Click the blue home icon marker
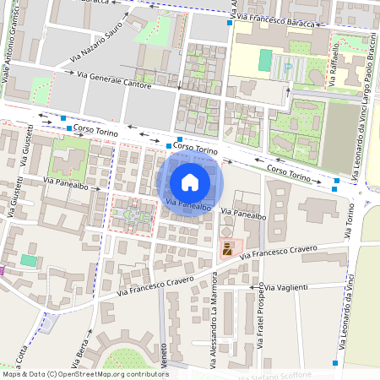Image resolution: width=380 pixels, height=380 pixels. point(190,182)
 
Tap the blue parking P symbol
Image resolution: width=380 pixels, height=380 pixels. point(289,66)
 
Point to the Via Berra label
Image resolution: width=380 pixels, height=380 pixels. point(83,345)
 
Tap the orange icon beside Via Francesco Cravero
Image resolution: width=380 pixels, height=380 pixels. point(226,249)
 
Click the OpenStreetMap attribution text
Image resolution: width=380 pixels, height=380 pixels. point(84,373)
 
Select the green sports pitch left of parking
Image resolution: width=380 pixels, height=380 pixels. point(265,60)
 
